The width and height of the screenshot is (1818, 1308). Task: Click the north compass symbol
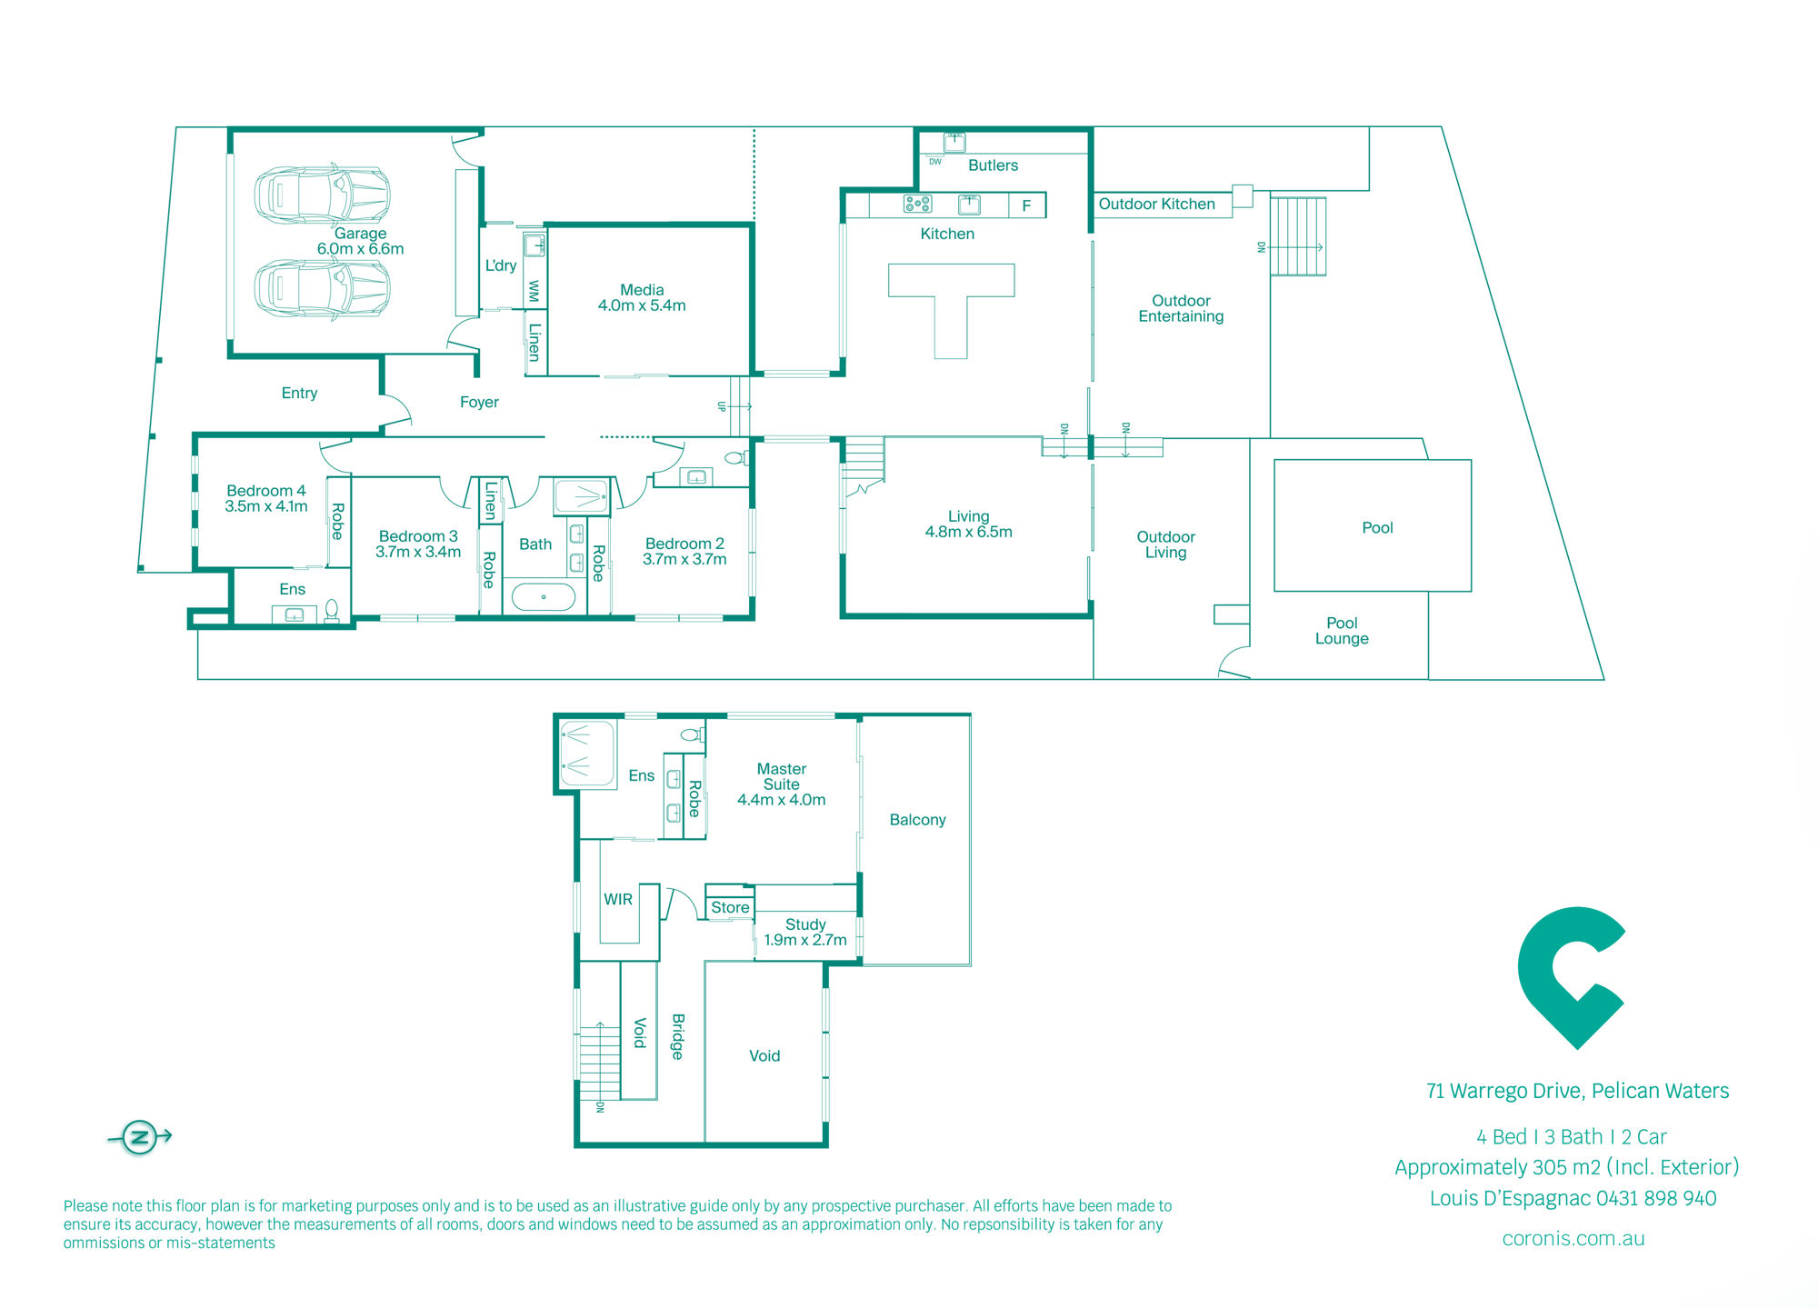(x=140, y=1136)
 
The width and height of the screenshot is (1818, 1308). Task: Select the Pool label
(x=1377, y=528)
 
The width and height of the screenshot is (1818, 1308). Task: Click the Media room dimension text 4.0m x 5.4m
(x=642, y=306)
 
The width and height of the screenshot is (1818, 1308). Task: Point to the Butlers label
(x=993, y=165)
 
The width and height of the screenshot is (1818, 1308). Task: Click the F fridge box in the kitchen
(x=1026, y=205)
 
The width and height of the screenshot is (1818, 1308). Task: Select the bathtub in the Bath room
(x=544, y=597)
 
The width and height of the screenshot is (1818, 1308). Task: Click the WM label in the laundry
(x=534, y=292)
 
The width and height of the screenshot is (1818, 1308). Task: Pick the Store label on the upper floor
(x=730, y=907)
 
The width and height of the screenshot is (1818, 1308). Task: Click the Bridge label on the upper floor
(x=678, y=1036)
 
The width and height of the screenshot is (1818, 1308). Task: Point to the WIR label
(x=618, y=899)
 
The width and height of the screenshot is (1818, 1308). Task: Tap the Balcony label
(x=917, y=820)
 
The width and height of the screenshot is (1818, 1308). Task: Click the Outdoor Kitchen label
(x=1156, y=205)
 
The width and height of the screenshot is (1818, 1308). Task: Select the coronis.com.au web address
(x=1573, y=1239)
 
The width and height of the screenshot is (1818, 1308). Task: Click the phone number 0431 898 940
(x=1656, y=1199)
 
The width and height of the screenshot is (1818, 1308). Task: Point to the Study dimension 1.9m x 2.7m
(x=805, y=940)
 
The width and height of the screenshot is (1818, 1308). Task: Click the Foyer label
(x=479, y=403)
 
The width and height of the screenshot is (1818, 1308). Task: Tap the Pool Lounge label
(x=1342, y=631)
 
